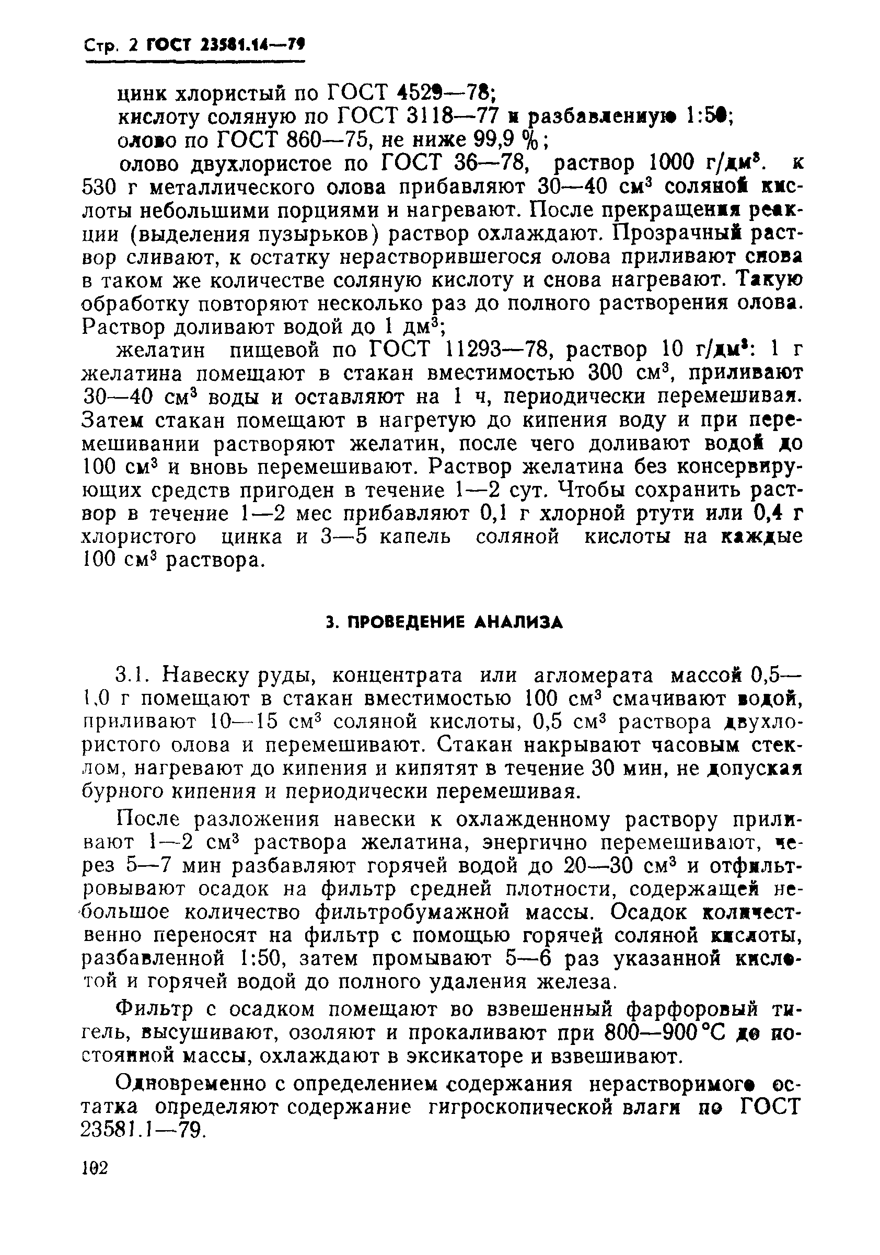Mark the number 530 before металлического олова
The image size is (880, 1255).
[x=100, y=188]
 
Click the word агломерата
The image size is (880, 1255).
[x=594, y=676]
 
